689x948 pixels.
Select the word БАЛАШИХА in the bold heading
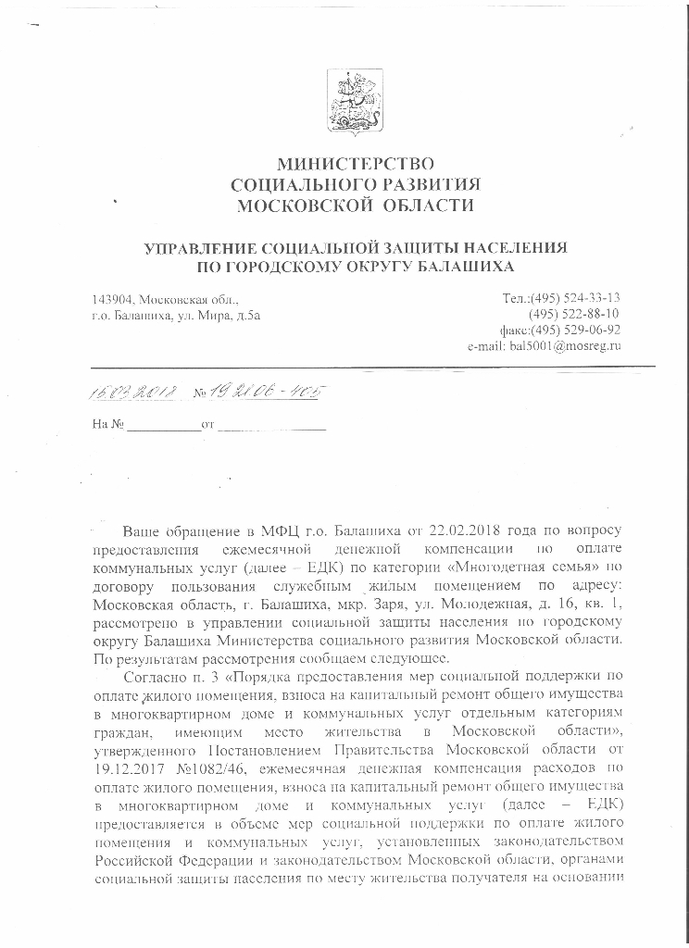tap(458, 268)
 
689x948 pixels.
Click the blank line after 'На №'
tap(163, 427)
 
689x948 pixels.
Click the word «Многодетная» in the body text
tap(486, 565)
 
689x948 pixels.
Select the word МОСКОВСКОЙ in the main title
tap(296, 206)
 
